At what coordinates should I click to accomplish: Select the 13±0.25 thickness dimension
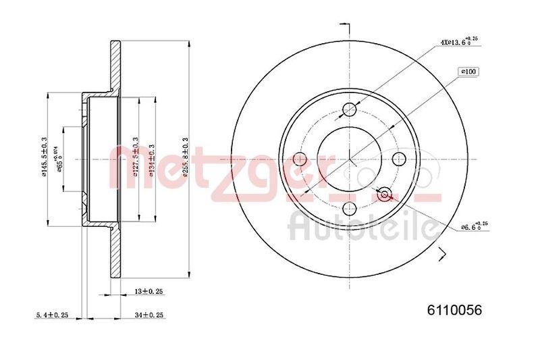150,291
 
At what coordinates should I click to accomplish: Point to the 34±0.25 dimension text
150,315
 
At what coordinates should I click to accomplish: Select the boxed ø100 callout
468,70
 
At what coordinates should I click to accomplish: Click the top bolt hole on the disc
350,109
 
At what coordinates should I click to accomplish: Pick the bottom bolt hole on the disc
350,209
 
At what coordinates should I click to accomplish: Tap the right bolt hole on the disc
399,159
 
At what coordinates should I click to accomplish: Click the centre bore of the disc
350,159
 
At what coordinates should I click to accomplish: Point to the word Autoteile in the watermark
361,228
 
